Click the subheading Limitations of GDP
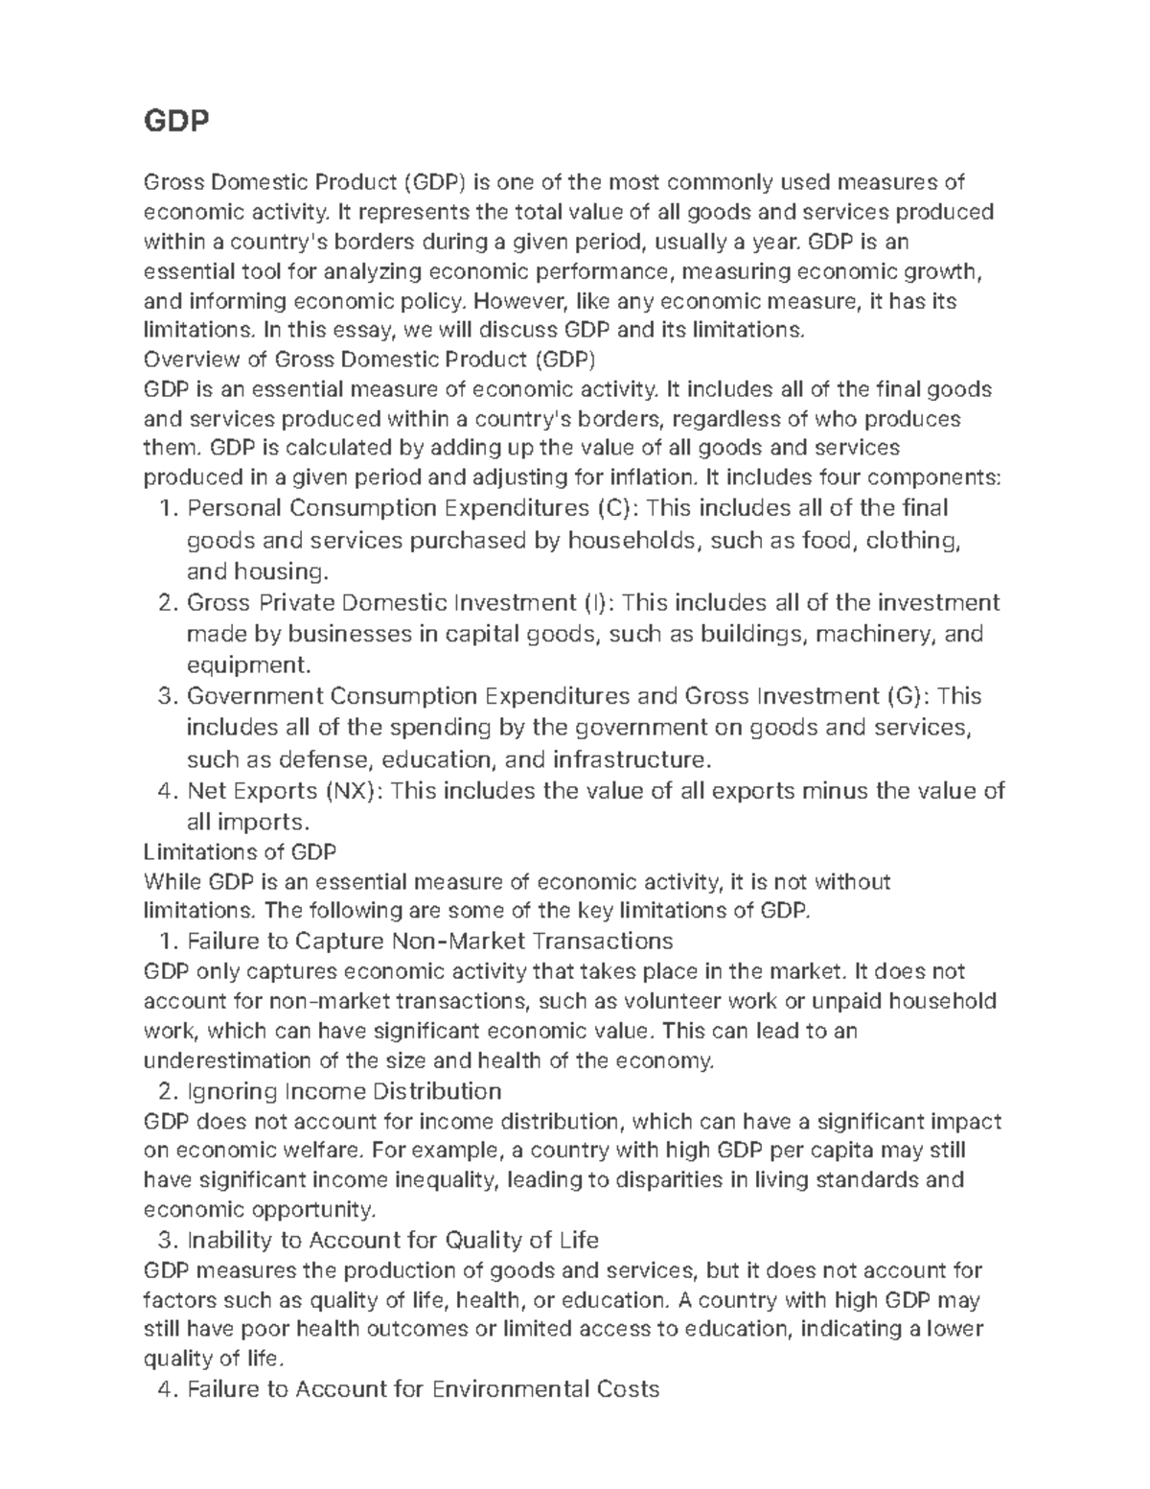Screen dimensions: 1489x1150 click(240, 852)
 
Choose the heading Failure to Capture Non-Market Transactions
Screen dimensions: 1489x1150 click(430, 941)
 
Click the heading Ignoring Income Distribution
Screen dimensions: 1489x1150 click(344, 1091)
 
